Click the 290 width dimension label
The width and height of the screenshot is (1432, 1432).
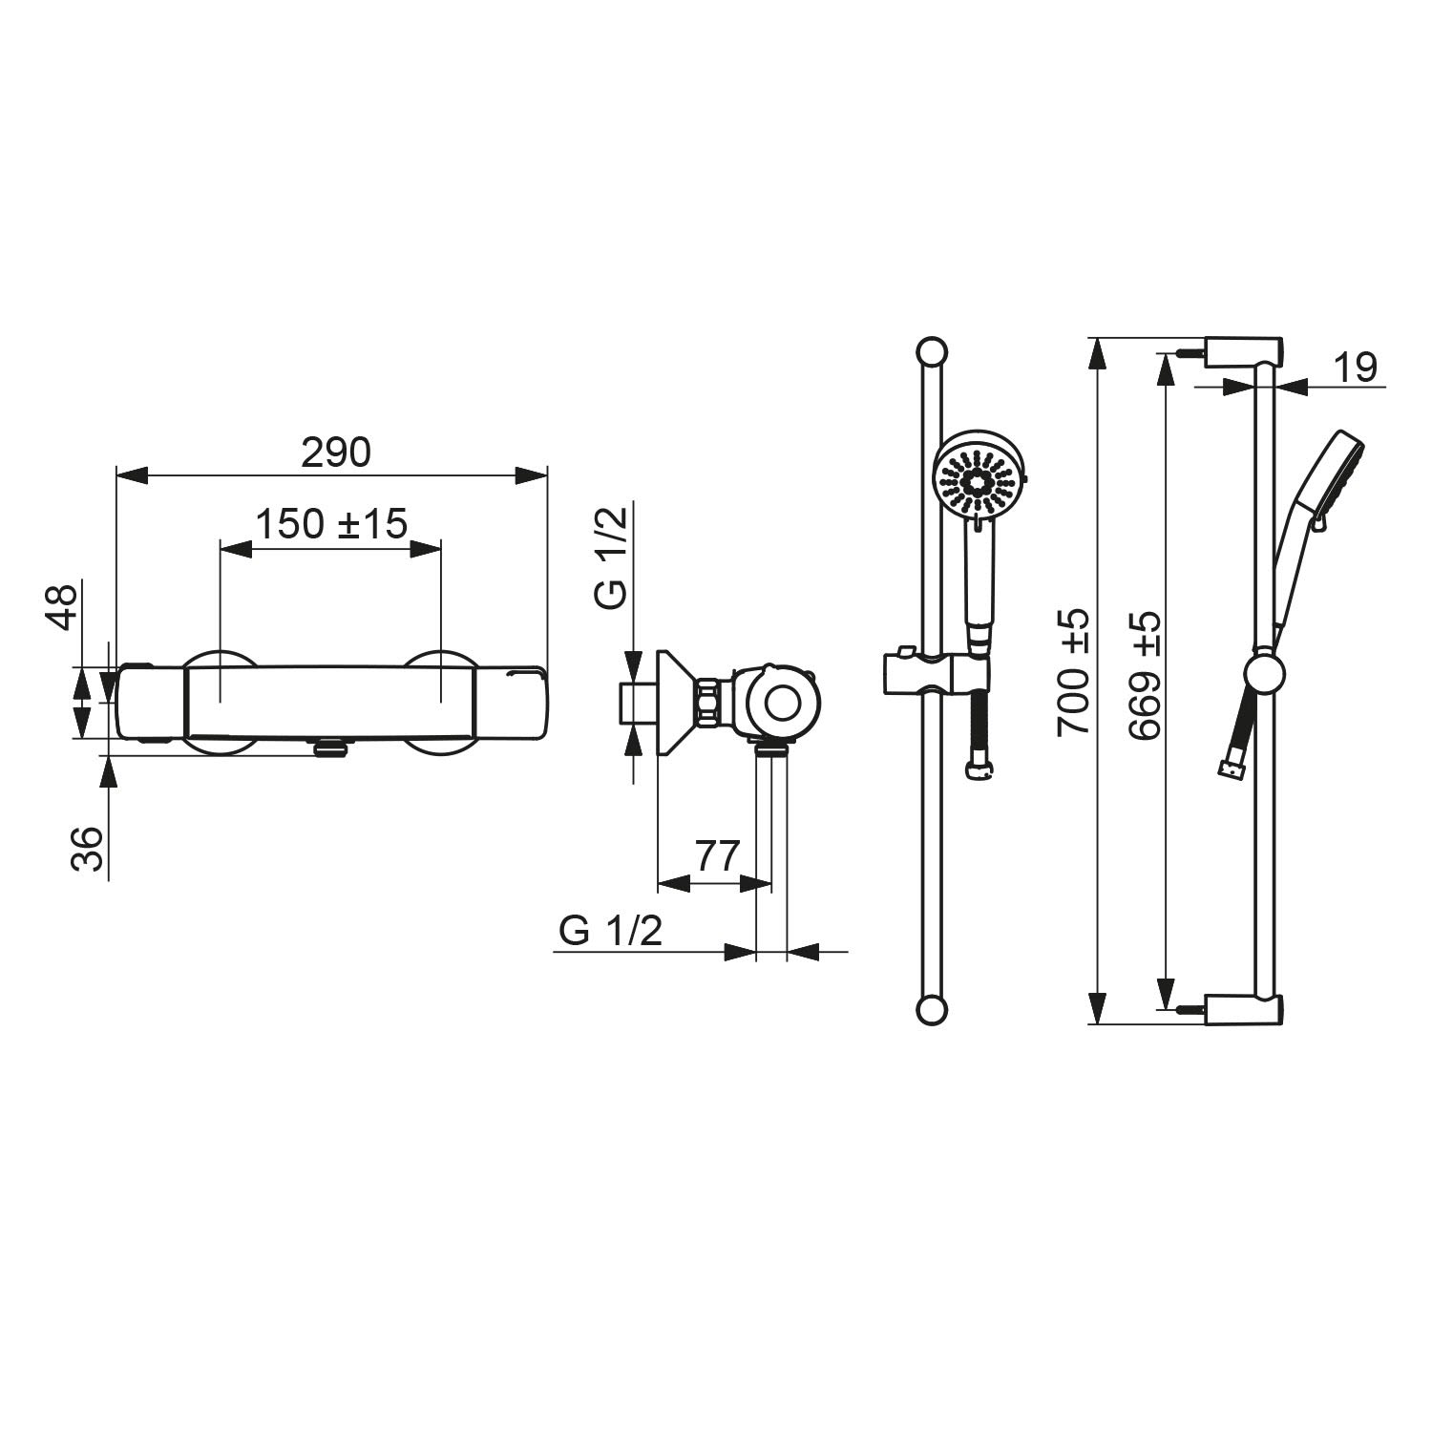point(335,452)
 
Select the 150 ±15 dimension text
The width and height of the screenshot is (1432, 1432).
point(331,523)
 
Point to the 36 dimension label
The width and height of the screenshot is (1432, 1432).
point(88,848)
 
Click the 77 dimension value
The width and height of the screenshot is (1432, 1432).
point(717,856)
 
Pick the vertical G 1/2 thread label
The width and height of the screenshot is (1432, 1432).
point(611,558)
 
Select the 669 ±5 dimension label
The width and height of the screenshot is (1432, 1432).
point(1144,675)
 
